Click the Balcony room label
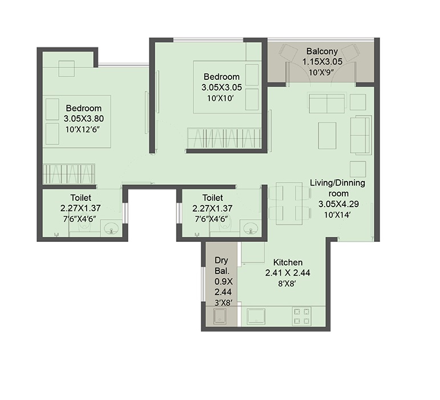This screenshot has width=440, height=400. [x=322, y=51]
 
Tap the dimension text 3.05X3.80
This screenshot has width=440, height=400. [x=84, y=119]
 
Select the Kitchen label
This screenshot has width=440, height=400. [x=288, y=262]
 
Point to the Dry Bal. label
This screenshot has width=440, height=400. [x=221, y=266]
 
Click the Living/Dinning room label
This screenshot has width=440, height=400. [x=338, y=188]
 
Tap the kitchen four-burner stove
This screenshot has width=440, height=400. [x=302, y=316]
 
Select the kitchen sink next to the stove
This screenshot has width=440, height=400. [x=256, y=317]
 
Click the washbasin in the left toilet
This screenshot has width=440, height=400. [x=112, y=228]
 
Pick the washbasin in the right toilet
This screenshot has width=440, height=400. [x=251, y=228]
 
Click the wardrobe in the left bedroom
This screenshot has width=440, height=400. [x=68, y=174]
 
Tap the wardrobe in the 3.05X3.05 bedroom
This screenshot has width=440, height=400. [x=224, y=138]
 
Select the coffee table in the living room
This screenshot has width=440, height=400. [x=327, y=136]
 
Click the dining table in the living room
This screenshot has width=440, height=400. [x=289, y=204]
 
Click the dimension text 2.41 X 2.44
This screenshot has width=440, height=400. [x=288, y=273]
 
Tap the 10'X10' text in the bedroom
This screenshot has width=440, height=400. [x=221, y=99]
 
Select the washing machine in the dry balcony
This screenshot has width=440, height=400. [x=220, y=317]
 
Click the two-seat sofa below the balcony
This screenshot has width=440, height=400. [x=327, y=103]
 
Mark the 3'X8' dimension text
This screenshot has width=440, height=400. [x=223, y=303]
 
